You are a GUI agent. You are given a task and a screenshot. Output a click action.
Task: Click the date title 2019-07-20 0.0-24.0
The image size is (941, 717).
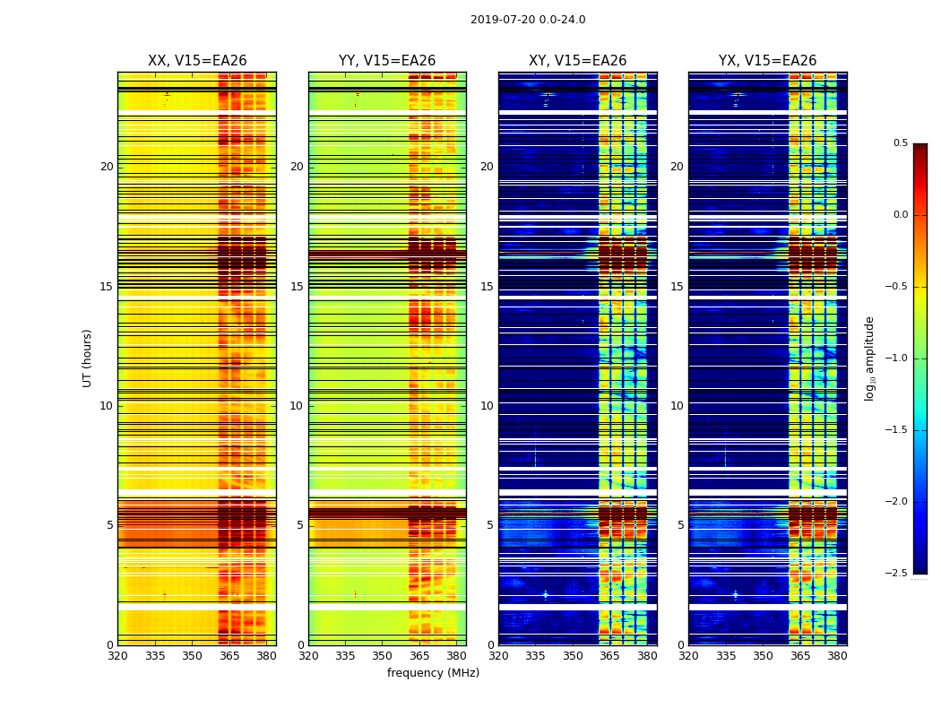click(528, 20)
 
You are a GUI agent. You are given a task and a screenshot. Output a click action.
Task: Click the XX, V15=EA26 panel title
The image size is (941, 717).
click(197, 61)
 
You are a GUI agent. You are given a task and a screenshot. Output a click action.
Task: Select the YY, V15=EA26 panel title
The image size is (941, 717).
click(387, 61)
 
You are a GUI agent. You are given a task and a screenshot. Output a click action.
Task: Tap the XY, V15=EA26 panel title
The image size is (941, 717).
click(577, 61)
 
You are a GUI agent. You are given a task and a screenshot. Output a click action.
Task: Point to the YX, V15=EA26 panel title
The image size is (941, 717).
click(767, 61)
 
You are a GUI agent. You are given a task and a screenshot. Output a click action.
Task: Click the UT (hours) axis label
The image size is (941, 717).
click(87, 358)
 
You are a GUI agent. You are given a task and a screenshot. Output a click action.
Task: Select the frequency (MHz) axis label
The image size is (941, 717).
click(433, 673)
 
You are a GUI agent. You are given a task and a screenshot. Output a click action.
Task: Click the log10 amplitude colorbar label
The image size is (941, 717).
click(869, 358)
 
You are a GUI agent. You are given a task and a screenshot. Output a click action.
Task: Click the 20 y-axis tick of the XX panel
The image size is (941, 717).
click(107, 167)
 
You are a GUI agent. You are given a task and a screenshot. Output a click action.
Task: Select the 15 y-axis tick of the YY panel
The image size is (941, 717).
click(297, 287)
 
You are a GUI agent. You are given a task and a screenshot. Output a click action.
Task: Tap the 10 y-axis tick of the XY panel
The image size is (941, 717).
click(487, 406)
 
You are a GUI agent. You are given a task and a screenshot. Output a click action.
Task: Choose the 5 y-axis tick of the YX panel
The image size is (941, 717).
click(680, 525)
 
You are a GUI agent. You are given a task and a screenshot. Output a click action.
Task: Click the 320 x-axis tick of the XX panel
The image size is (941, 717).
click(117, 656)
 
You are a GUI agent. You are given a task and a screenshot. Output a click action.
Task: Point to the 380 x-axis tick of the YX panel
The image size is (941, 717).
click(837, 656)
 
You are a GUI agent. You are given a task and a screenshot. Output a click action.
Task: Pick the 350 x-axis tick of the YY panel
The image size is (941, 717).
click(383, 656)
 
